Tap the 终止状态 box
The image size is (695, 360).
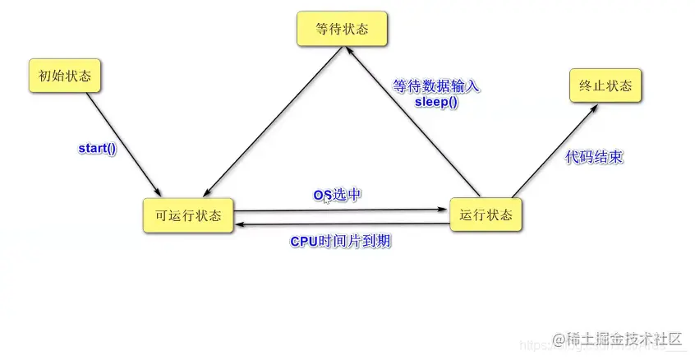[605, 85]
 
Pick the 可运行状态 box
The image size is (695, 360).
[188, 215]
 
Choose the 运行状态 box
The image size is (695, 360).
[486, 215]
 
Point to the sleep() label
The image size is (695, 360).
[436, 103]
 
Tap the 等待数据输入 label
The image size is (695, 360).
[435, 85]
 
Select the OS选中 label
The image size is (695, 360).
[338, 195]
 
